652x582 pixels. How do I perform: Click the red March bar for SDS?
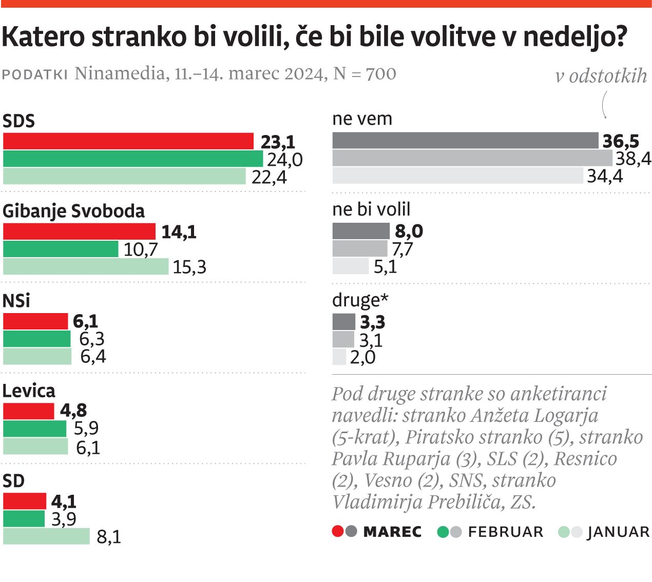click(128, 141)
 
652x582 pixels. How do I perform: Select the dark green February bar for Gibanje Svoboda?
click(61, 249)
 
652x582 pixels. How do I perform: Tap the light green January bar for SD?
click(46, 536)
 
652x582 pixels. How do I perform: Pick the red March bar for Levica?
click(29, 411)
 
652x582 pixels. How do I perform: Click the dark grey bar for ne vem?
click(465, 141)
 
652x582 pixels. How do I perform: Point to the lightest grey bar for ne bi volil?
click(350, 266)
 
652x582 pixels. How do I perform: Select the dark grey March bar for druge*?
click(343, 322)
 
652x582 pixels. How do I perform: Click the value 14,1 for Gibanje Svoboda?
click(179, 232)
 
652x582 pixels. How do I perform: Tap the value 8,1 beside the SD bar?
click(109, 537)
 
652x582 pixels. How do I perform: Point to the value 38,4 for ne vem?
click(633, 159)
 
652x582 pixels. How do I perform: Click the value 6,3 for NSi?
click(92, 339)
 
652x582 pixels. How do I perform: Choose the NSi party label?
click(16, 301)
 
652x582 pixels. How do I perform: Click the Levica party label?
click(29, 391)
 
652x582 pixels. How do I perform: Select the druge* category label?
click(360, 300)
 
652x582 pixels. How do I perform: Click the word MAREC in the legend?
click(392, 532)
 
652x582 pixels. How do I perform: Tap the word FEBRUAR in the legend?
click(505, 532)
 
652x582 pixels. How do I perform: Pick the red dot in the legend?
click(337, 532)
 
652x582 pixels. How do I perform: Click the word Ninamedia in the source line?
click(119, 74)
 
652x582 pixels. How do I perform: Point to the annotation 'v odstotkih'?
click(601, 76)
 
